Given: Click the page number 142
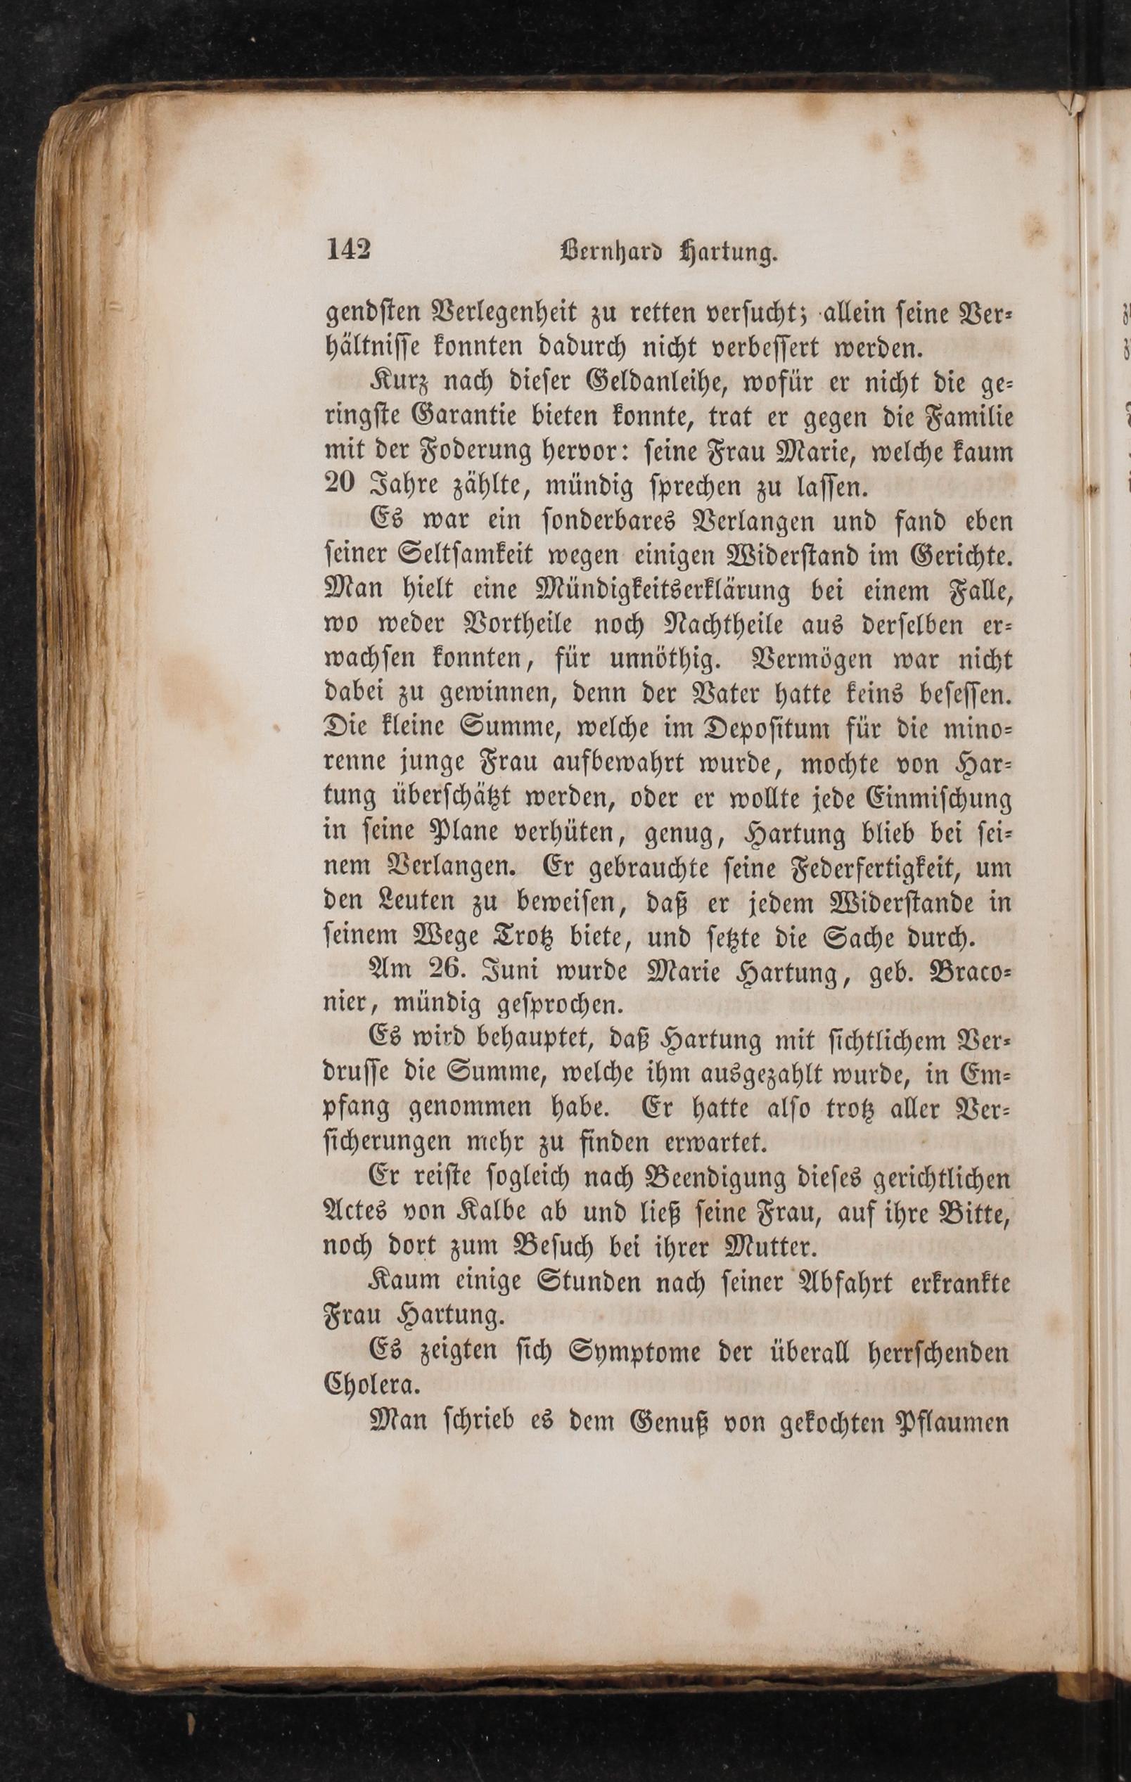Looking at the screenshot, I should pos(348,250).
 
